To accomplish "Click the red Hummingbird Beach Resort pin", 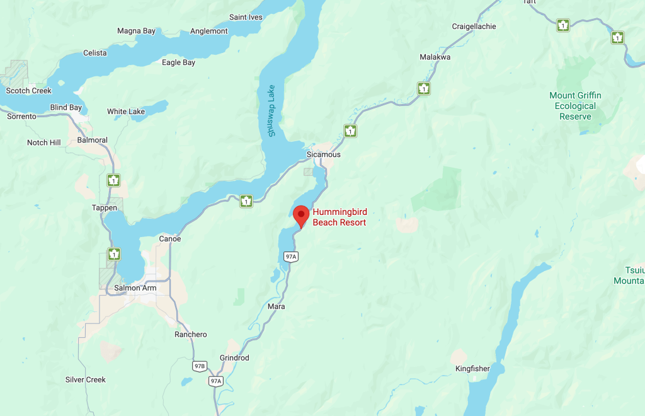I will tap(302, 215).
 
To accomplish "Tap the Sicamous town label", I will tap(323, 154).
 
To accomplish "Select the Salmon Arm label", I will tap(135, 288).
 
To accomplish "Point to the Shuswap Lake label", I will tap(271, 110).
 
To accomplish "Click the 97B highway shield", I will tap(200, 366).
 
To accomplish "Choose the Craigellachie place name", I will tap(474, 26).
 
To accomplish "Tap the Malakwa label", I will tap(435, 57).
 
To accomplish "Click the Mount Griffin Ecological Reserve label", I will tap(575, 106).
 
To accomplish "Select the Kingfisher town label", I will tap(472, 369).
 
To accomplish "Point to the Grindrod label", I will tap(234, 358).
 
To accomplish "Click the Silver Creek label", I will tap(86, 379).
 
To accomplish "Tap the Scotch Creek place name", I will tap(28, 91).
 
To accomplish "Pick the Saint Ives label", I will tap(246, 17).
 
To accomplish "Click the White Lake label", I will tap(126, 112).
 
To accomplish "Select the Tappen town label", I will tap(105, 208).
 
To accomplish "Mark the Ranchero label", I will tap(191, 335).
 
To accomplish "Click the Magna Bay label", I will tap(137, 31).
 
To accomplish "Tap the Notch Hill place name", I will tap(44, 142).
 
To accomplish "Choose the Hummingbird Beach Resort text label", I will tap(340, 217).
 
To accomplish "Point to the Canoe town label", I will tap(170, 239).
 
